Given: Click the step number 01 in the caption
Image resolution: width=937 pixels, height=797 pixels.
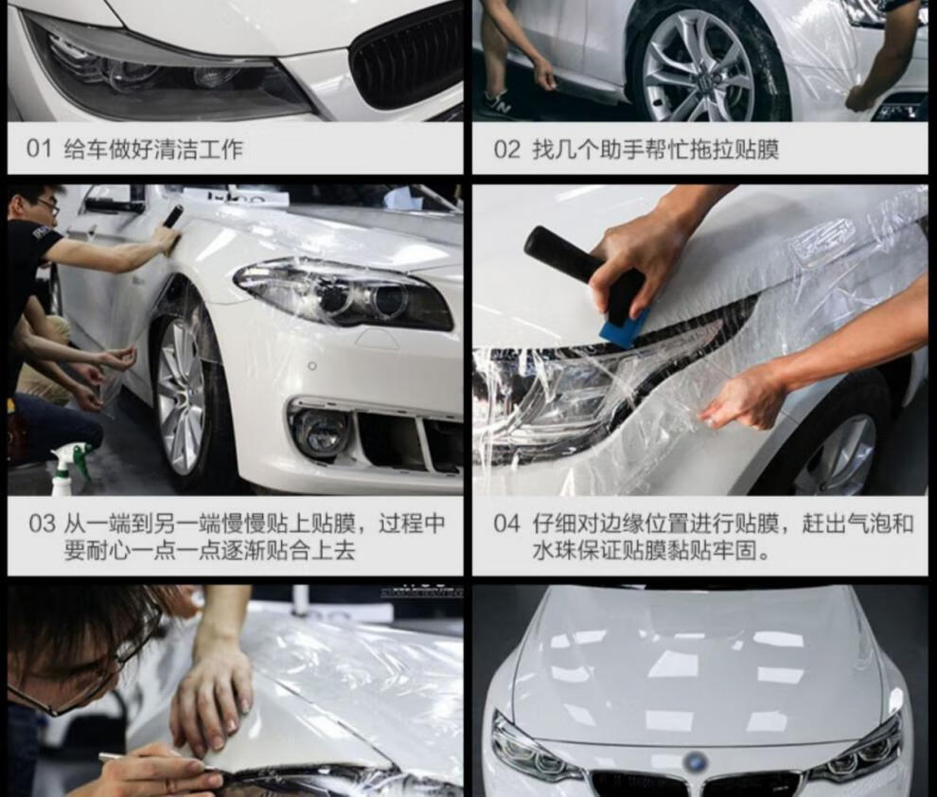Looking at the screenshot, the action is pyautogui.click(x=40, y=149).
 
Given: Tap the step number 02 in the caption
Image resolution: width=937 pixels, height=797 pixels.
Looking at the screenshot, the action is pyautogui.click(x=506, y=149).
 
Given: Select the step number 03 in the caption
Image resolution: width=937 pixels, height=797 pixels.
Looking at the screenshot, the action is pyautogui.click(x=42, y=523).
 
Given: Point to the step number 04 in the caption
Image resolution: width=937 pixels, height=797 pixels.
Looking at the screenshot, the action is pyautogui.click(x=506, y=523).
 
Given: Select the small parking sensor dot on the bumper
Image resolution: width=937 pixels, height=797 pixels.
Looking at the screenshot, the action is pyautogui.click(x=312, y=365).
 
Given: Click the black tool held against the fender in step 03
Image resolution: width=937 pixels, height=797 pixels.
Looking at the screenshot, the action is pyautogui.click(x=172, y=217).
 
